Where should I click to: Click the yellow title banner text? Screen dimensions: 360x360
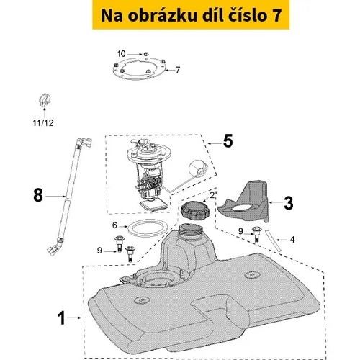[191, 15]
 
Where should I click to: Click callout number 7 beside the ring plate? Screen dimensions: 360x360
[178, 70]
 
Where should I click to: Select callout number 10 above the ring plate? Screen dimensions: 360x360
[122, 54]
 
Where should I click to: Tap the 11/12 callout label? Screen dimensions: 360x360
[43, 123]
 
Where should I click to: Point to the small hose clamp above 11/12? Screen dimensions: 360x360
[45, 100]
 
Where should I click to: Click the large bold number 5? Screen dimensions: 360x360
[228, 141]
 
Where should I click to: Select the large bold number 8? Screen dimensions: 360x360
[38, 195]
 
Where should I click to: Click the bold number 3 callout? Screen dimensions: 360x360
[288, 203]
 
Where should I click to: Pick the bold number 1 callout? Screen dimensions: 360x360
[61, 318]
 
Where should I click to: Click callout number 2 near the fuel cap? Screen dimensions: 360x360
[212, 195]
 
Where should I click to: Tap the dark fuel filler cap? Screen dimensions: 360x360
[194, 210]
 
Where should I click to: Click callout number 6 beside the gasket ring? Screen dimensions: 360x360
[114, 225]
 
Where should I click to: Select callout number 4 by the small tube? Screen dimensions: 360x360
[292, 240]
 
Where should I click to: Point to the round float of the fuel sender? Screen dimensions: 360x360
[197, 168]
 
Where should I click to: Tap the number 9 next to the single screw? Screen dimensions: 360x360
[240, 231]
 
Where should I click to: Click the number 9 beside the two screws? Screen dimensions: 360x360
[99, 251]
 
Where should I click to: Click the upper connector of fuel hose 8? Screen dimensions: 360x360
[84, 143]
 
